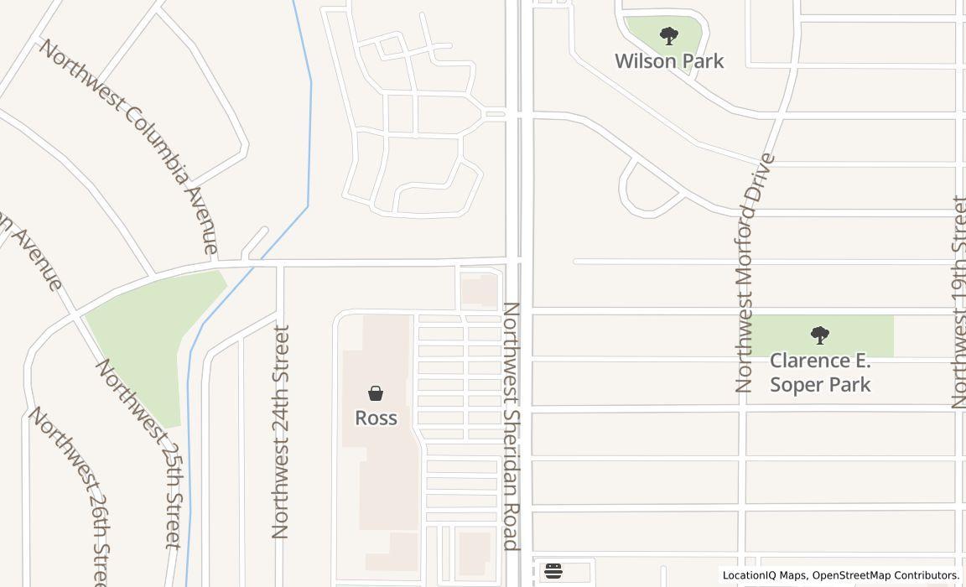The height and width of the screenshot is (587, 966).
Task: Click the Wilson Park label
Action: pos(669,61)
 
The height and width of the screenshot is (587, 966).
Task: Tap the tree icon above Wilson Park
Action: pos(668,36)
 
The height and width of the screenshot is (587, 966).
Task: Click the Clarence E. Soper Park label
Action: pos(820,372)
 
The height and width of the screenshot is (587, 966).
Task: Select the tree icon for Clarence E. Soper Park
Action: pos(820,335)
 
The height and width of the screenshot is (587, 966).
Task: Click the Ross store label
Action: pos(376,418)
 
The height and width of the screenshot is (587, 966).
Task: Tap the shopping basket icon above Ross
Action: pos(376,393)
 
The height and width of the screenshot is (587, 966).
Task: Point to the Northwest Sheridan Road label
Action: pos(512,426)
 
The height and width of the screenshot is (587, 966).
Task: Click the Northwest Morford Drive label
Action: pos(755,273)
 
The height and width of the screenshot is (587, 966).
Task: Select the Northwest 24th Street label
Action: pos(281,431)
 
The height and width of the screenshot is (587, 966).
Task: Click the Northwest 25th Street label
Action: pos(139,453)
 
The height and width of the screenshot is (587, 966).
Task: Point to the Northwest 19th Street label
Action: pos(959,302)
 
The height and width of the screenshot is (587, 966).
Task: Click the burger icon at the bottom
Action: pos(553,572)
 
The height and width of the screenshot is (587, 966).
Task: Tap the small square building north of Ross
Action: pos(480,291)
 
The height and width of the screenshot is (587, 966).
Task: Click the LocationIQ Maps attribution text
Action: pos(763,575)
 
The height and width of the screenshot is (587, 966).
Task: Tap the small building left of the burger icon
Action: pos(475,553)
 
